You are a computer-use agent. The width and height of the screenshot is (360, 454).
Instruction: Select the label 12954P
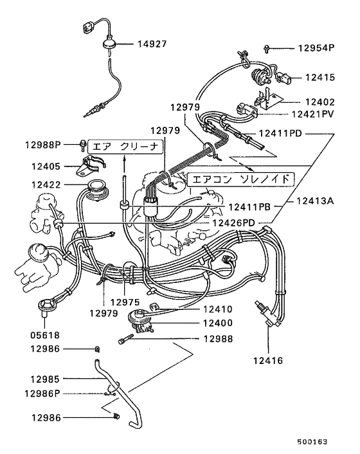316,48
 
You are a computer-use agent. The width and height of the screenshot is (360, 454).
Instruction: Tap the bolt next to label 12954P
268,48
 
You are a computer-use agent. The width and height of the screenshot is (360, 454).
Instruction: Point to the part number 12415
320,77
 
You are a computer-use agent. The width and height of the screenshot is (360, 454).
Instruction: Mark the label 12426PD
239,222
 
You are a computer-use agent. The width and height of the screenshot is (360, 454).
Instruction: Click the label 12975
124,301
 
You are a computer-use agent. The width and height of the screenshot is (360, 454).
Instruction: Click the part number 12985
42,379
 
